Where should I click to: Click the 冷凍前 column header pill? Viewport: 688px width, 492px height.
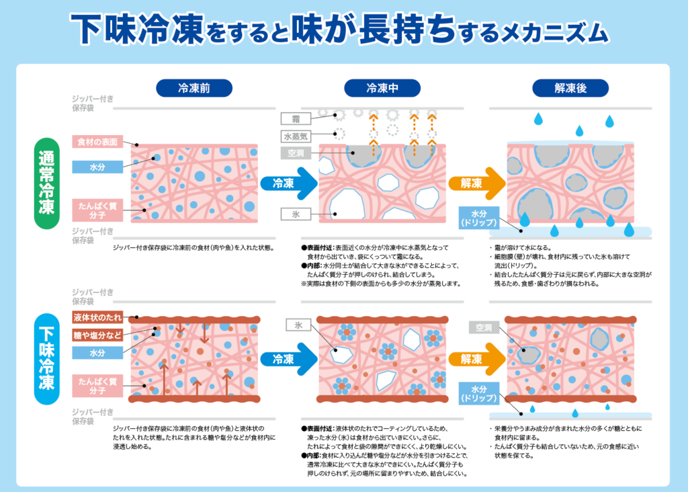(194, 88)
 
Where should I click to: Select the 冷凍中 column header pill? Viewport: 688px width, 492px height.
(383, 88)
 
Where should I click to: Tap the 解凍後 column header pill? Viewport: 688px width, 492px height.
(571, 88)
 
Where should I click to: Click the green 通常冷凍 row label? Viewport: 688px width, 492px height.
(47, 183)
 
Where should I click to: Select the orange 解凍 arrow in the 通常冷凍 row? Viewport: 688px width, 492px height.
(475, 183)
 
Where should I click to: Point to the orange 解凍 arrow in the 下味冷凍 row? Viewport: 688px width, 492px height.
(475, 360)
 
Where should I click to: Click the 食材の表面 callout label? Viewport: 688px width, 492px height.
(97, 142)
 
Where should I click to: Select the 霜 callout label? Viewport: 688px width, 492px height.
(296, 119)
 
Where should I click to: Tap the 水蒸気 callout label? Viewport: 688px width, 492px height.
(296, 136)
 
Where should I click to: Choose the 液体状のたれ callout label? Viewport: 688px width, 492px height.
(97, 317)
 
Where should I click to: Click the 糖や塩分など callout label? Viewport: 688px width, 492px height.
(97, 334)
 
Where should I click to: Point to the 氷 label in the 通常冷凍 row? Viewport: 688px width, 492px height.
(296, 214)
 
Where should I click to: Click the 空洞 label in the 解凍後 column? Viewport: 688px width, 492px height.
(484, 328)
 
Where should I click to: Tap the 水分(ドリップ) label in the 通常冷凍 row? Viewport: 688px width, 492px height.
(479, 217)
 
